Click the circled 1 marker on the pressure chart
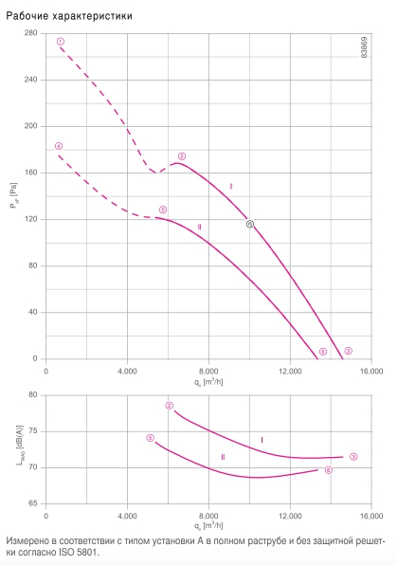tap(61, 42)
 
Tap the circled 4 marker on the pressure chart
tap(59, 146)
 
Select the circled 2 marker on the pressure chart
tap(182, 156)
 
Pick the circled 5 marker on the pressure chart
tap(163, 210)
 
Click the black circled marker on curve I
tap(249, 224)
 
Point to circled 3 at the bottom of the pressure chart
tap(348, 351)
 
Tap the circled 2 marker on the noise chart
tap(170, 406)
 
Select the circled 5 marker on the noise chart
tap(151, 438)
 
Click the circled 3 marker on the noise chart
tap(353, 457)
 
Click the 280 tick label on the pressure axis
tap(30, 33)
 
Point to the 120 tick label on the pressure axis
tap(30, 219)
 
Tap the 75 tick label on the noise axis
tap(33, 431)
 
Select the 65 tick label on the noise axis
tap(33, 503)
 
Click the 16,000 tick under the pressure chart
tap(371, 372)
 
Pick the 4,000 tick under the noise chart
tap(127, 516)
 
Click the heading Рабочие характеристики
tap(69, 16)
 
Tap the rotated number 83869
tap(364, 47)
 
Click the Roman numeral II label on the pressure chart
tap(199, 227)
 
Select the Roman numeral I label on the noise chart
tap(262, 440)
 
